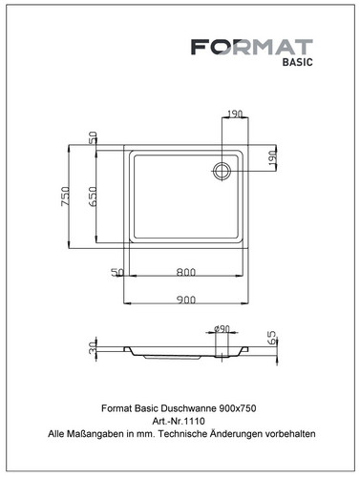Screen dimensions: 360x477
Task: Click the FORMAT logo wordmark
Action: pos(252,47)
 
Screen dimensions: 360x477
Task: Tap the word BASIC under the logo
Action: pos(298,62)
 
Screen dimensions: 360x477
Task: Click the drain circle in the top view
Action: pos(222,171)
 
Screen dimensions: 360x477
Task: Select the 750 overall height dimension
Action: pos(66,197)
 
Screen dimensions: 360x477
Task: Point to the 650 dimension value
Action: pos(93,197)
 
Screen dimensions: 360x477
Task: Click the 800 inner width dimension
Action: pos(186,272)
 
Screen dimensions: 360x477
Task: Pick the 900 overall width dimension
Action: pos(186,300)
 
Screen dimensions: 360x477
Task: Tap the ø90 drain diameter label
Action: pos(222,328)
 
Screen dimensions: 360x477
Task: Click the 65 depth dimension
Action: pos(273,338)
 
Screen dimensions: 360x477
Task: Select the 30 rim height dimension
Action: pos(93,347)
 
